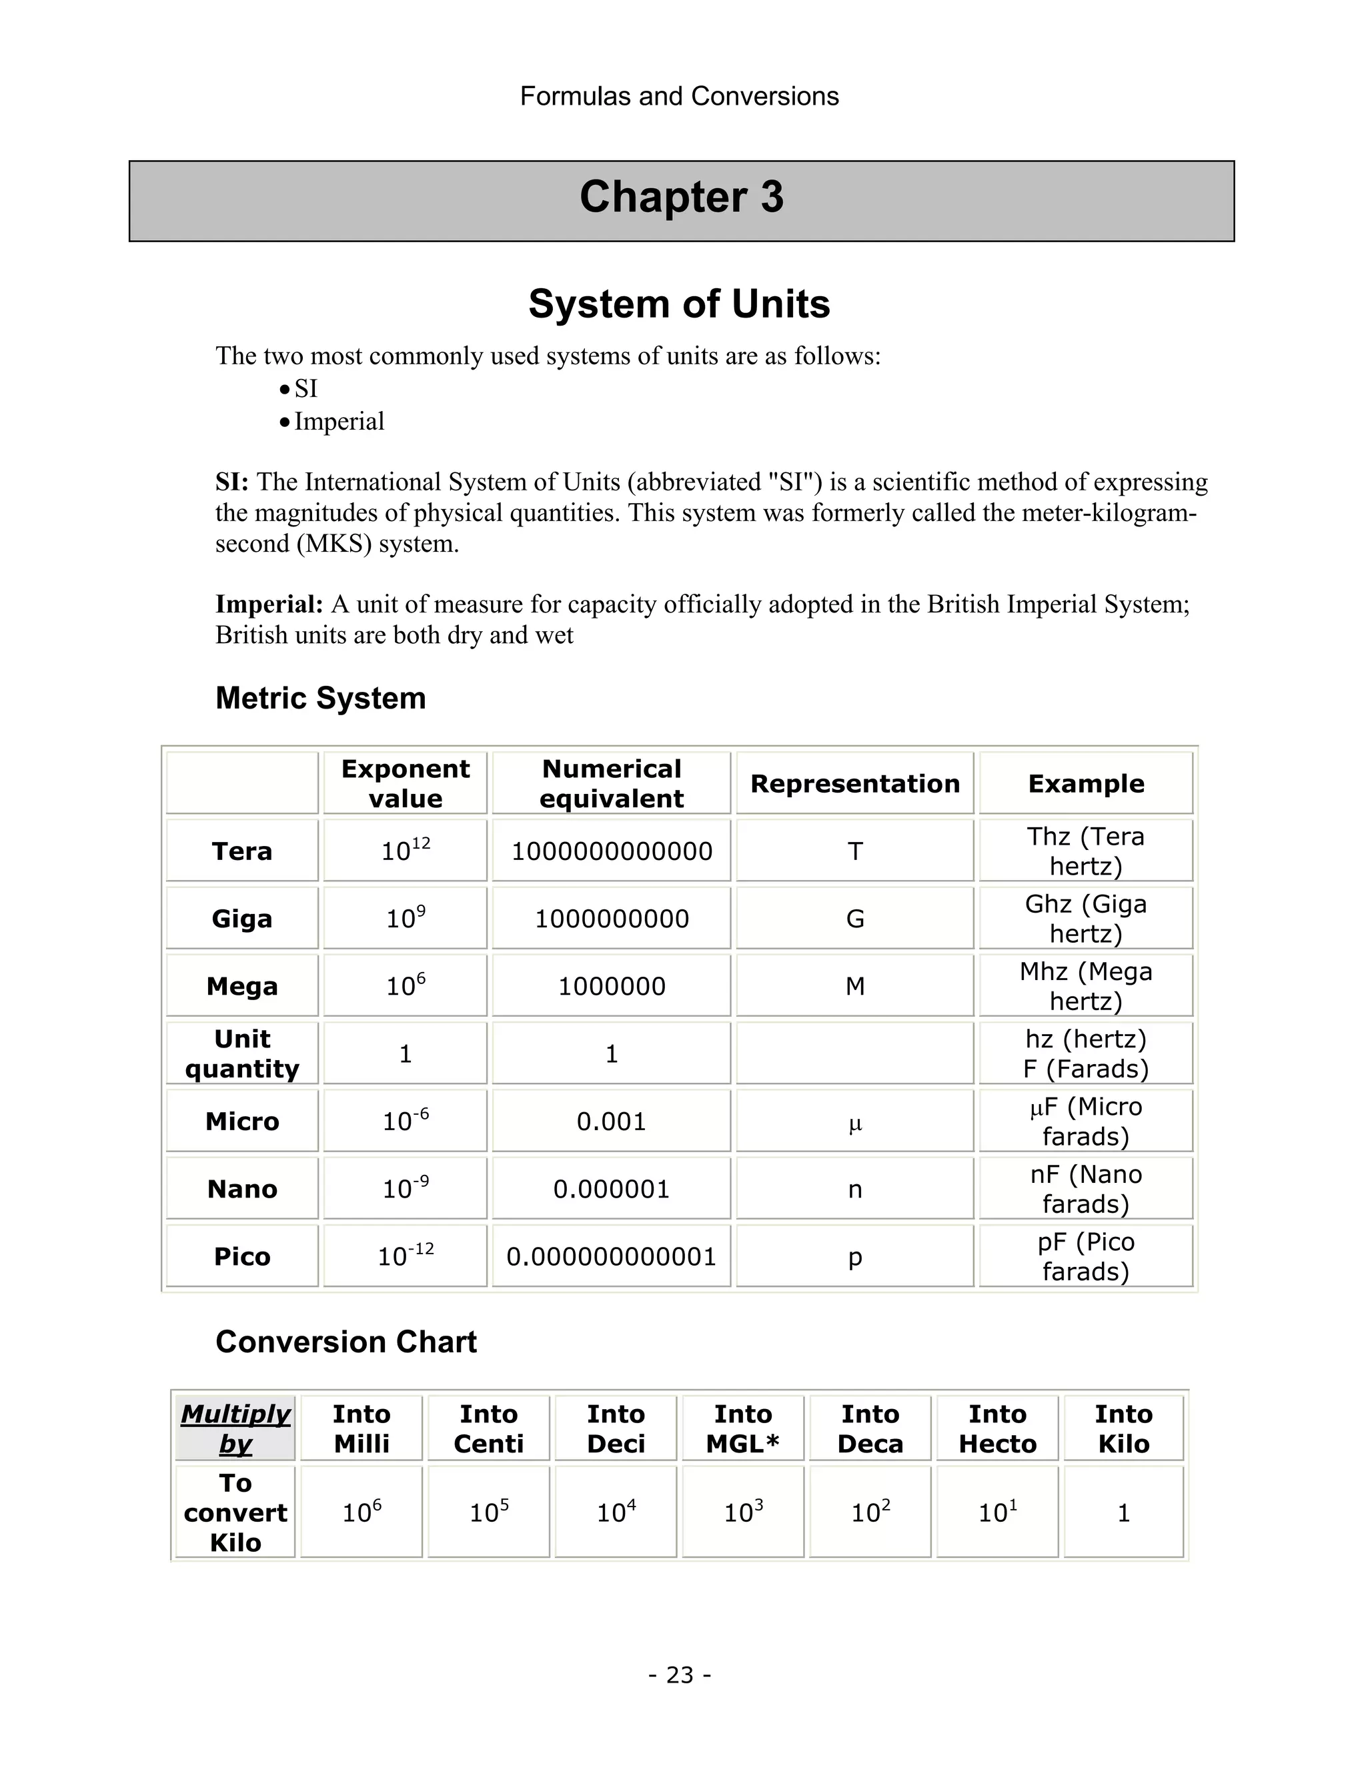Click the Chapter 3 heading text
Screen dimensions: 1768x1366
[x=682, y=197]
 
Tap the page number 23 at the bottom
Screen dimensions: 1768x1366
[x=680, y=1674]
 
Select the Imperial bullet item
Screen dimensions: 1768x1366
[x=338, y=422]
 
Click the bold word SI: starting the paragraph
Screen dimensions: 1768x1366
[x=232, y=482]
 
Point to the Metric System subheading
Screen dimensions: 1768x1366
[x=320, y=699]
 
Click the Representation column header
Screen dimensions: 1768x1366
[x=854, y=784]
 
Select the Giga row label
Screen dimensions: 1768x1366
[x=242, y=919]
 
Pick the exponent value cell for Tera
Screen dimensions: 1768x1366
[x=406, y=851]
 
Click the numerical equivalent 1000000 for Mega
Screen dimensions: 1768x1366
[x=612, y=986]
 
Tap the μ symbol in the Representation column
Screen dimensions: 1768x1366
[x=855, y=1124]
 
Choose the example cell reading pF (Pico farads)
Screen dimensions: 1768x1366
[x=1085, y=1256]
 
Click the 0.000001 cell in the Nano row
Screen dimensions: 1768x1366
[x=612, y=1189]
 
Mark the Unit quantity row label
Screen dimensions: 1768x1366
[x=242, y=1054]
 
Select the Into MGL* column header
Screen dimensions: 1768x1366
[x=743, y=1429]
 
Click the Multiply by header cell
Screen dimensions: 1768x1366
[x=235, y=1429]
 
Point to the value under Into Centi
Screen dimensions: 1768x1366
[x=489, y=1512]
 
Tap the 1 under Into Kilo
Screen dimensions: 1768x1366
[x=1123, y=1513]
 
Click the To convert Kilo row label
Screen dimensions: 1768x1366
[x=235, y=1512]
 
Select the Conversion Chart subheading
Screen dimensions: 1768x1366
[x=346, y=1342]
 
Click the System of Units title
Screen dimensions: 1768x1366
[x=679, y=304]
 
